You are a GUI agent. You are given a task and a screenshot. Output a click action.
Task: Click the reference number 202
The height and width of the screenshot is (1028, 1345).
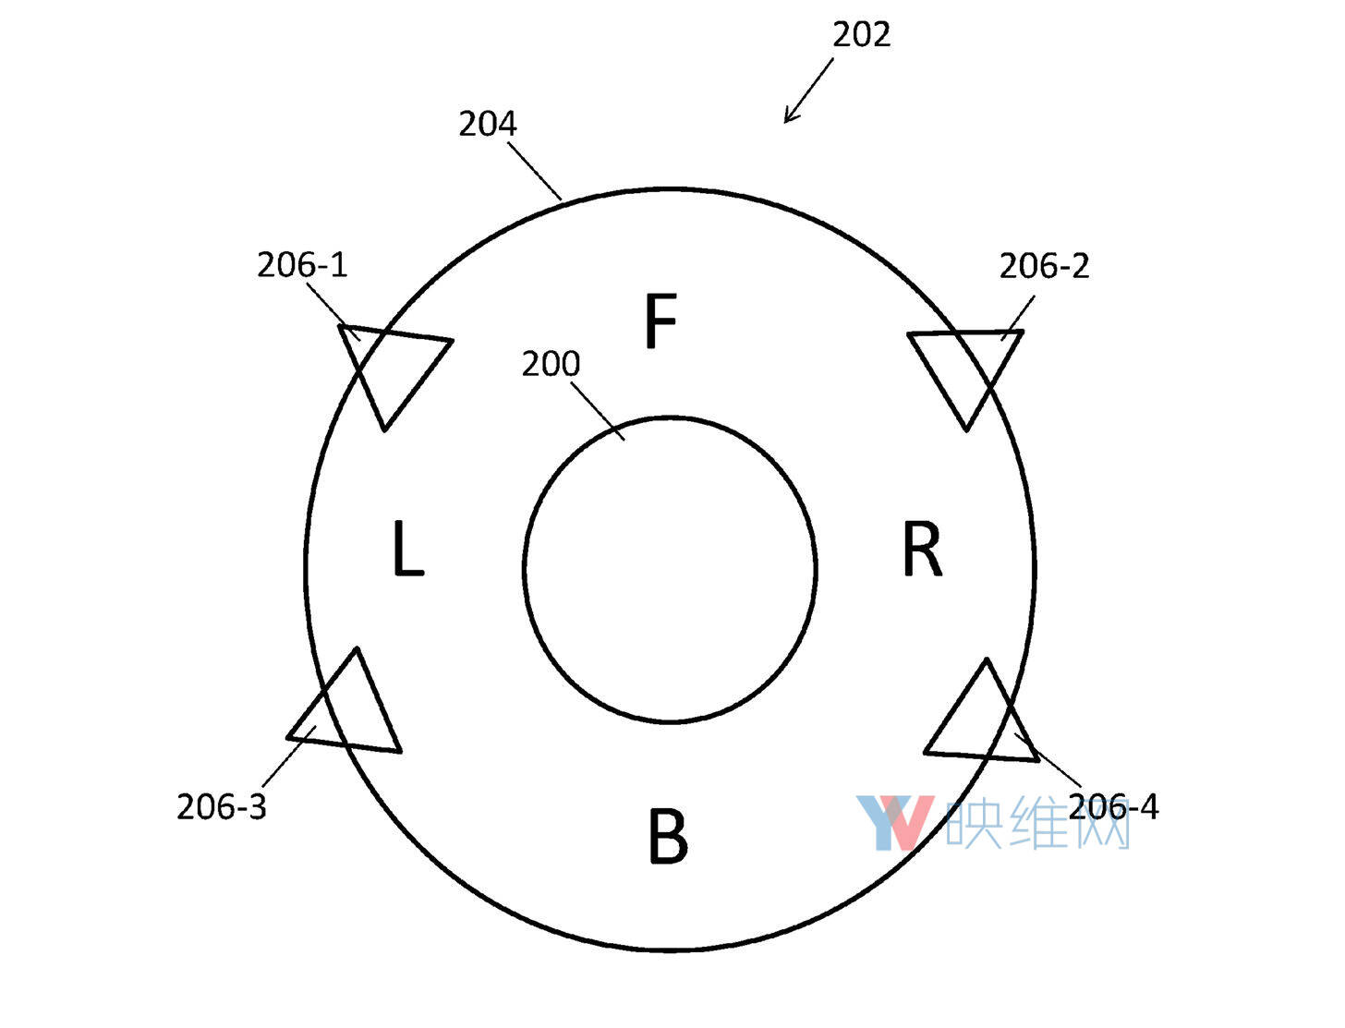coord(860,34)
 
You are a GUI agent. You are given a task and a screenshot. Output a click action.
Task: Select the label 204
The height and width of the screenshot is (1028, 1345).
coord(487,124)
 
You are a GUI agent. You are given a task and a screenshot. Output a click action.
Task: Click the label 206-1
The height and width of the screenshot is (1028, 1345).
coord(301,265)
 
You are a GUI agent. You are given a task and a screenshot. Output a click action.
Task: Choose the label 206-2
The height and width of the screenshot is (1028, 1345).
coord(1044,266)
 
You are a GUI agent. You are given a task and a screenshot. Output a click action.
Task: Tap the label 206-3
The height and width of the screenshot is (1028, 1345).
coord(221,806)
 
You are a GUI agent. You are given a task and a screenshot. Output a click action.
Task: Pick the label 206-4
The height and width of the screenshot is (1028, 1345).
coord(1113,806)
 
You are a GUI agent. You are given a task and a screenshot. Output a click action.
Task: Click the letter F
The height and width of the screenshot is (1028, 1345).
coord(660,320)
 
